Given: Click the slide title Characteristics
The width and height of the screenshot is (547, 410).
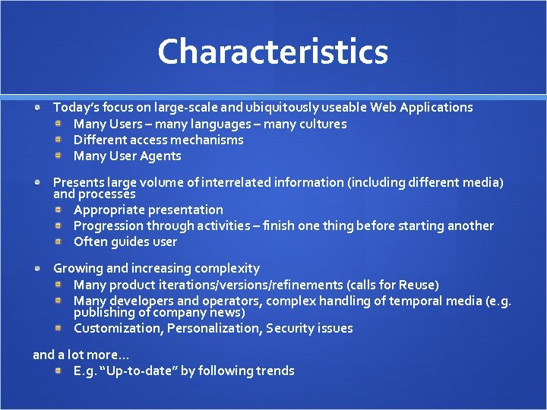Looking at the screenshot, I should coord(273,52).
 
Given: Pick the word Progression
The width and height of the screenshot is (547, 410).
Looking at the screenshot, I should coord(108,226).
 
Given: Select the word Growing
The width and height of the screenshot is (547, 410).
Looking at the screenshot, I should coord(78,269).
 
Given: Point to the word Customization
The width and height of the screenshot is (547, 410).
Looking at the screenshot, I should coord(117,329).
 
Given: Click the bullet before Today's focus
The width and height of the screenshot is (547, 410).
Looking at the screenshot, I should coord(38,108).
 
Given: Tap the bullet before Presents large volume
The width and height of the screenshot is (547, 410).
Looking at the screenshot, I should coord(38,182).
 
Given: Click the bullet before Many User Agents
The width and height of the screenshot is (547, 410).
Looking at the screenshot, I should coord(58,156).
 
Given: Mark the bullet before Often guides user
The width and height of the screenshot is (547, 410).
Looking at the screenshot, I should coord(58,242).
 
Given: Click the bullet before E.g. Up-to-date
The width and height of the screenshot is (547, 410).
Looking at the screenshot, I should coord(58,371).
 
